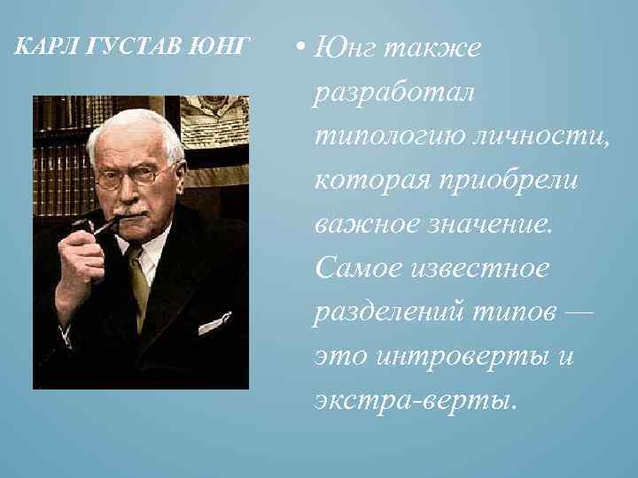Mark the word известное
pos(482,267)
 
